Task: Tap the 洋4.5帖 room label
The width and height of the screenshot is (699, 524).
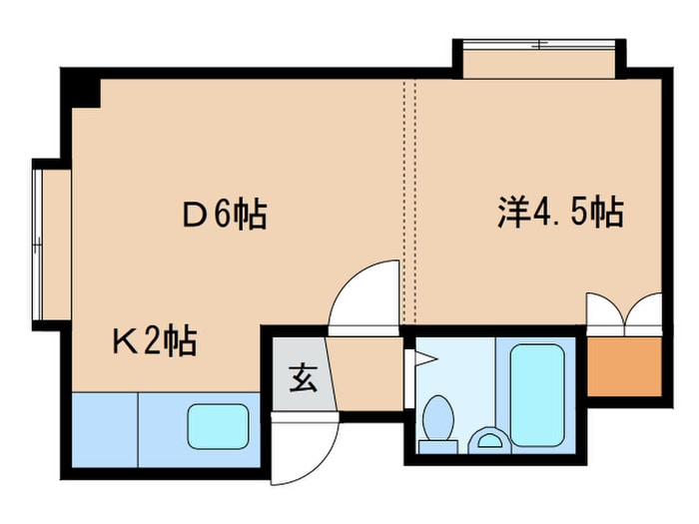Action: [560, 213]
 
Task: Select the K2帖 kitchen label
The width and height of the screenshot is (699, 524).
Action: [152, 342]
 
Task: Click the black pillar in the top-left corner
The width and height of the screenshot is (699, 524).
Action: [85, 91]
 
